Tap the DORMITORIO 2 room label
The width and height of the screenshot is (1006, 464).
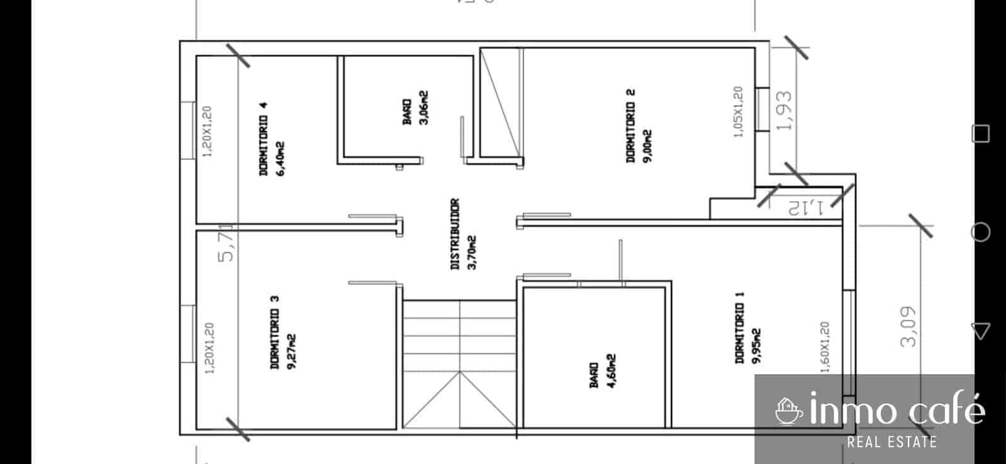coord(631,126)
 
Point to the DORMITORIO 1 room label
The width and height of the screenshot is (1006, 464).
coord(740,327)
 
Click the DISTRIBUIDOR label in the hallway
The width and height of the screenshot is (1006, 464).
coord(455,234)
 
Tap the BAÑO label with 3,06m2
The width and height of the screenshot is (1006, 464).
coord(407,111)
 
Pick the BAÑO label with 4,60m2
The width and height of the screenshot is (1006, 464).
coord(594,375)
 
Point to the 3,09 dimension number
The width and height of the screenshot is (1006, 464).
coord(909,326)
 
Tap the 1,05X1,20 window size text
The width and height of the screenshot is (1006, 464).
coord(738,111)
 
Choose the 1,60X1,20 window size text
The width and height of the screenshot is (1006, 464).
coord(826,347)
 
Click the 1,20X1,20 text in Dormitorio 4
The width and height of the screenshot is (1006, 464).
coord(207,131)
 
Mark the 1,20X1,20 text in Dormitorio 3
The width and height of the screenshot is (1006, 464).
coord(209,348)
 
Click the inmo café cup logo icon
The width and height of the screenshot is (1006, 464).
coord(788,411)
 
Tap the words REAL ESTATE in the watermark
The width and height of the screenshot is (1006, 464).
coord(892,442)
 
